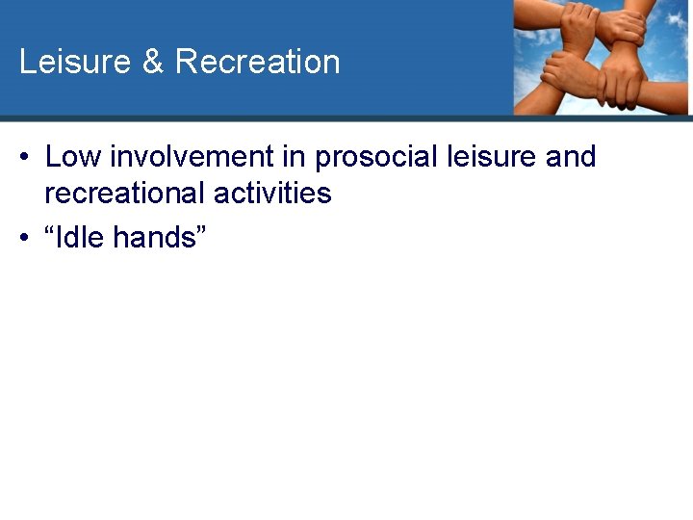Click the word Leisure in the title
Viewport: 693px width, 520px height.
coord(74,62)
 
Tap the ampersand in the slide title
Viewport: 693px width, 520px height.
coord(152,62)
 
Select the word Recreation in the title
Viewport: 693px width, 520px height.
coord(257,62)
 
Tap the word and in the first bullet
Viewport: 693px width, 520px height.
coord(571,156)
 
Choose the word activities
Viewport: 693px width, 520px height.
coord(272,193)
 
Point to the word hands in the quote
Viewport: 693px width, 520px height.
coord(154,236)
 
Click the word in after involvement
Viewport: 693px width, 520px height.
coord(293,156)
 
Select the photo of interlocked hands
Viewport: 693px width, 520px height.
coord(601,58)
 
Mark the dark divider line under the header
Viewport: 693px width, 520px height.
coord(346,118)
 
